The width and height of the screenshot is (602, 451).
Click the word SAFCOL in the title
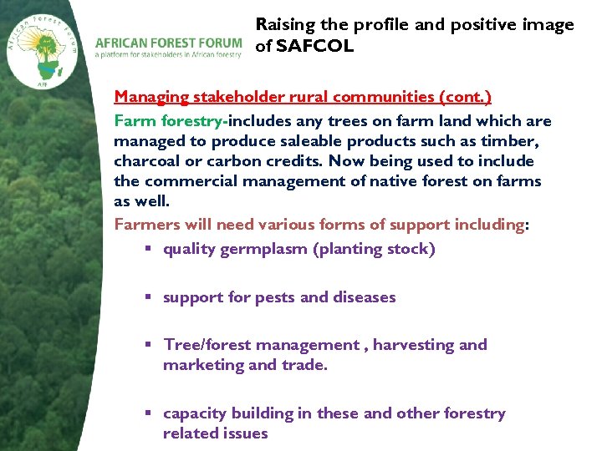pyautogui.click(x=315, y=47)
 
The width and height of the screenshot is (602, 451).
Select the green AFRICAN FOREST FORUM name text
pyautogui.click(x=168, y=42)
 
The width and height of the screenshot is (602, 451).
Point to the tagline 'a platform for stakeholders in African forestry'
pyautogui.click(x=168, y=55)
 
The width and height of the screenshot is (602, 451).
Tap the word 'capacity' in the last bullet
pyautogui.click(x=192, y=413)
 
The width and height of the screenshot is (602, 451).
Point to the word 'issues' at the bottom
pyautogui.click(x=244, y=433)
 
